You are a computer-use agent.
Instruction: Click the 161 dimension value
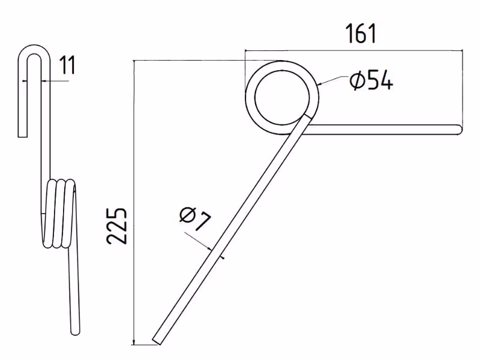361,34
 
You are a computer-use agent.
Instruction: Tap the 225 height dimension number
116,226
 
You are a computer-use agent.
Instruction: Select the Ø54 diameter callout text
371,80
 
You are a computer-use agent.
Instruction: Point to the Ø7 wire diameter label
196,218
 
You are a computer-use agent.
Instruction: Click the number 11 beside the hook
67,65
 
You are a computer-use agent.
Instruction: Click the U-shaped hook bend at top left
34,49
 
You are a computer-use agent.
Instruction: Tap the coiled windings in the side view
59,214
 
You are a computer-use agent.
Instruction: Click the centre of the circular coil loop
282,97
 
